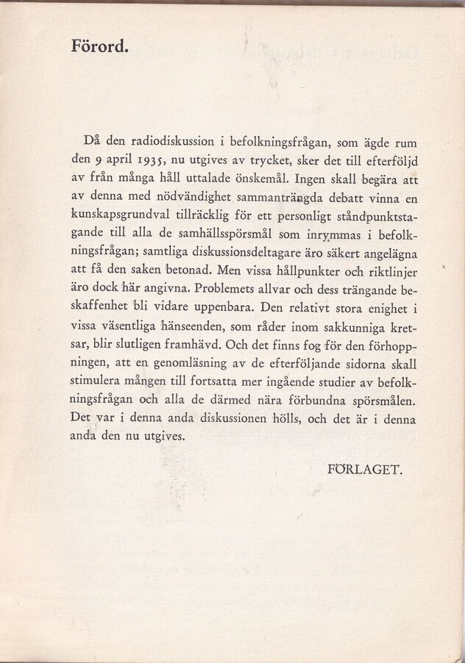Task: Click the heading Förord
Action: [99, 45]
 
